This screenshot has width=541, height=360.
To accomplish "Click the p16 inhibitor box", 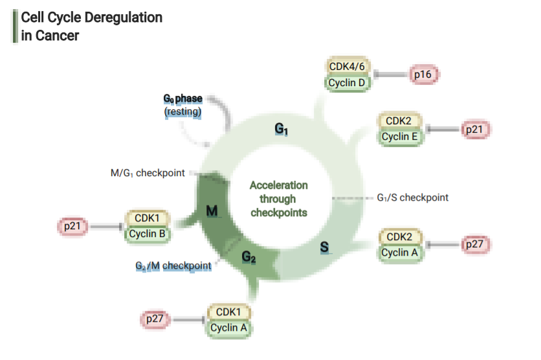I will coord(423,75).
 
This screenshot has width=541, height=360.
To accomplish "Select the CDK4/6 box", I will coord(348,67).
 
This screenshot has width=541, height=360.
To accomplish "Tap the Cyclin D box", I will coord(348,83).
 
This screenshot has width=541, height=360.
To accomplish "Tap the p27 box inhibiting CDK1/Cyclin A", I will coord(155,319).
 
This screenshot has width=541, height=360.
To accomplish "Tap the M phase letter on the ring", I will coord(212,211).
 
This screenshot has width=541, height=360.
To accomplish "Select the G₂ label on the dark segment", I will coord(249,258).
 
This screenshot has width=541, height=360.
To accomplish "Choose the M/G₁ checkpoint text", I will coord(148,174).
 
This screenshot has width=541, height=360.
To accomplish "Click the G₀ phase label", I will coord(182,99).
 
